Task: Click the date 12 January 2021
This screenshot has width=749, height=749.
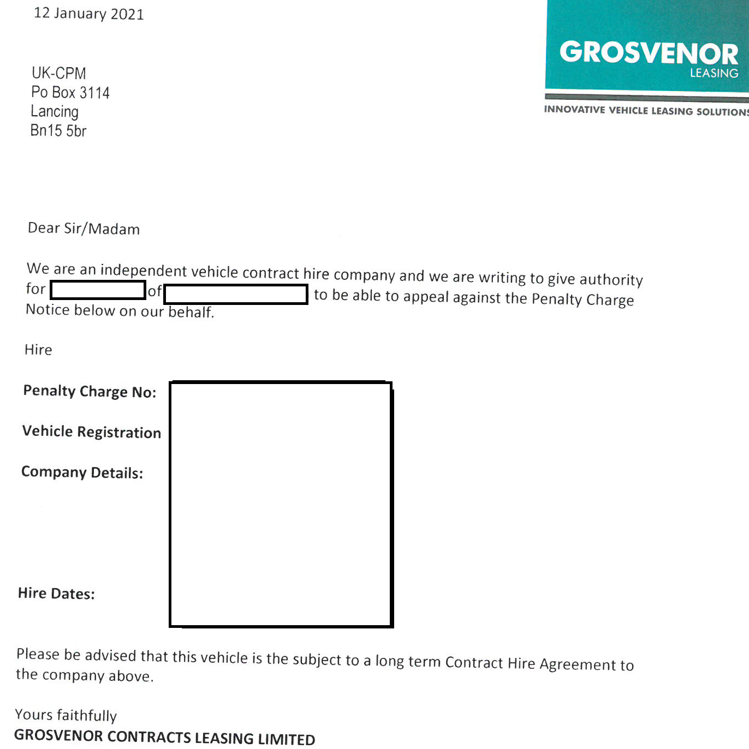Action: [x=89, y=14]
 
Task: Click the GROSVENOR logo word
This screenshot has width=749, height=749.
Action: [x=649, y=53]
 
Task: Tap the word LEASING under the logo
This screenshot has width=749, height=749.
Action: [x=714, y=73]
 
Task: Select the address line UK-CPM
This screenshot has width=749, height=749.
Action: [x=59, y=73]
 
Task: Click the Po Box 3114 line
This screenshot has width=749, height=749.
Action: [x=70, y=92]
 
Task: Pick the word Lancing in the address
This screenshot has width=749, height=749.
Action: [x=55, y=112]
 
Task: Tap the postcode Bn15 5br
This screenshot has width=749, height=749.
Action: [x=58, y=131]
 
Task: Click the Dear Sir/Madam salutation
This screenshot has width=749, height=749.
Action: [x=84, y=229]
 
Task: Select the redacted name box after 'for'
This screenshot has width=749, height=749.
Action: [x=98, y=290]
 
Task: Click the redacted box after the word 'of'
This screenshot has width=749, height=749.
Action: [x=236, y=294]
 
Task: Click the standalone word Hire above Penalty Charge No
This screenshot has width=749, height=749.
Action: [x=38, y=350]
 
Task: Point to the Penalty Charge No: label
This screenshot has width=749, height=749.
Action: [x=90, y=392]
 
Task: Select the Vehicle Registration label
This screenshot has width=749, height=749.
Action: [x=92, y=432]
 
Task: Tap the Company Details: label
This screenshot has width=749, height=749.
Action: [x=82, y=472]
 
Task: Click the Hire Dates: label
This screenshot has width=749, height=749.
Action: [x=56, y=594]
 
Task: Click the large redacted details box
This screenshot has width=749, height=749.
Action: [x=281, y=505]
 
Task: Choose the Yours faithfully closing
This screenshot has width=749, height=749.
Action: [x=66, y=715]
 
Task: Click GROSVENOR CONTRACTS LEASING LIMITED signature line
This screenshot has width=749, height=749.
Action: [x=164, y=737]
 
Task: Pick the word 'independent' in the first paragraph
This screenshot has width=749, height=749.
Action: [x=144, y=271]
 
